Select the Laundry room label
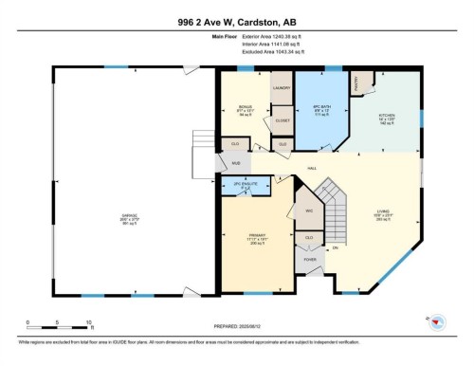[x=281, y=88]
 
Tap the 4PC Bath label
[x=321, y=105]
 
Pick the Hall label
[x=310, y=168]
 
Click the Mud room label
[x=236, y=164]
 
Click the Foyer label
[x=309, y=258]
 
